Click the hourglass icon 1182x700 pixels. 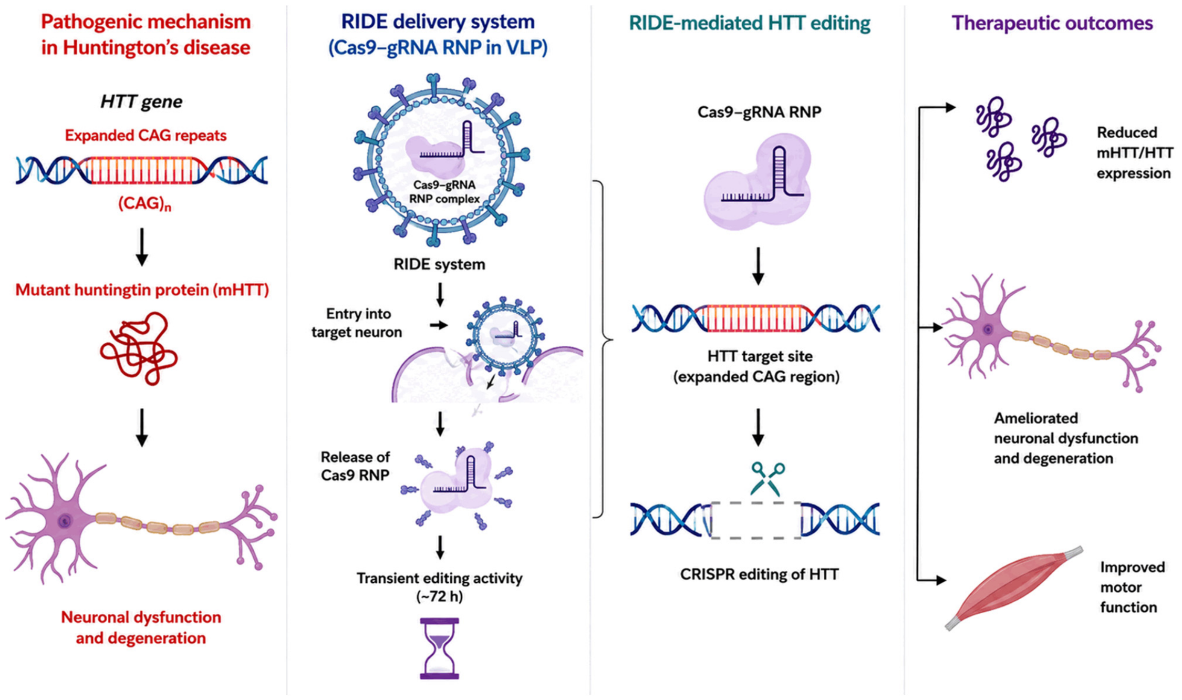(440, 648)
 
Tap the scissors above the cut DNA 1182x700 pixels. (768, 479)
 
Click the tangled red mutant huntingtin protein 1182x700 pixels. (139, 348)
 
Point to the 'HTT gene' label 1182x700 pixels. (141, 101)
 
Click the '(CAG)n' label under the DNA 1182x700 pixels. (144, 203)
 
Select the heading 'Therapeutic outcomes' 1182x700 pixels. (1052, 23)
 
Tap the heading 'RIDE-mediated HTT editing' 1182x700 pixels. (750, 23)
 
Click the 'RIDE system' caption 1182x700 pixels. (439, 264)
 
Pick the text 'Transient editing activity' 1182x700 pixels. (439, 578)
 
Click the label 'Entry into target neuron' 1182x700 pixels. (357, 323)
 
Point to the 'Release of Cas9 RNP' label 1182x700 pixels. (355, 466)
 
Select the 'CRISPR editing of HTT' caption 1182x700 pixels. (759, 574)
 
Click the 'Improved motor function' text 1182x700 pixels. (1132, 587)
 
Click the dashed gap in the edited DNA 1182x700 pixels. (756, 520)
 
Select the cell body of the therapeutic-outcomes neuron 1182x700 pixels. (988, 330)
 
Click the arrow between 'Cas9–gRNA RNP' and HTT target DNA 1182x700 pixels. (758, 266)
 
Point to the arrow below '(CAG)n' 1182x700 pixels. (141, 247)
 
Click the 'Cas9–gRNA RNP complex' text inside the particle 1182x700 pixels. (444, 192)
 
